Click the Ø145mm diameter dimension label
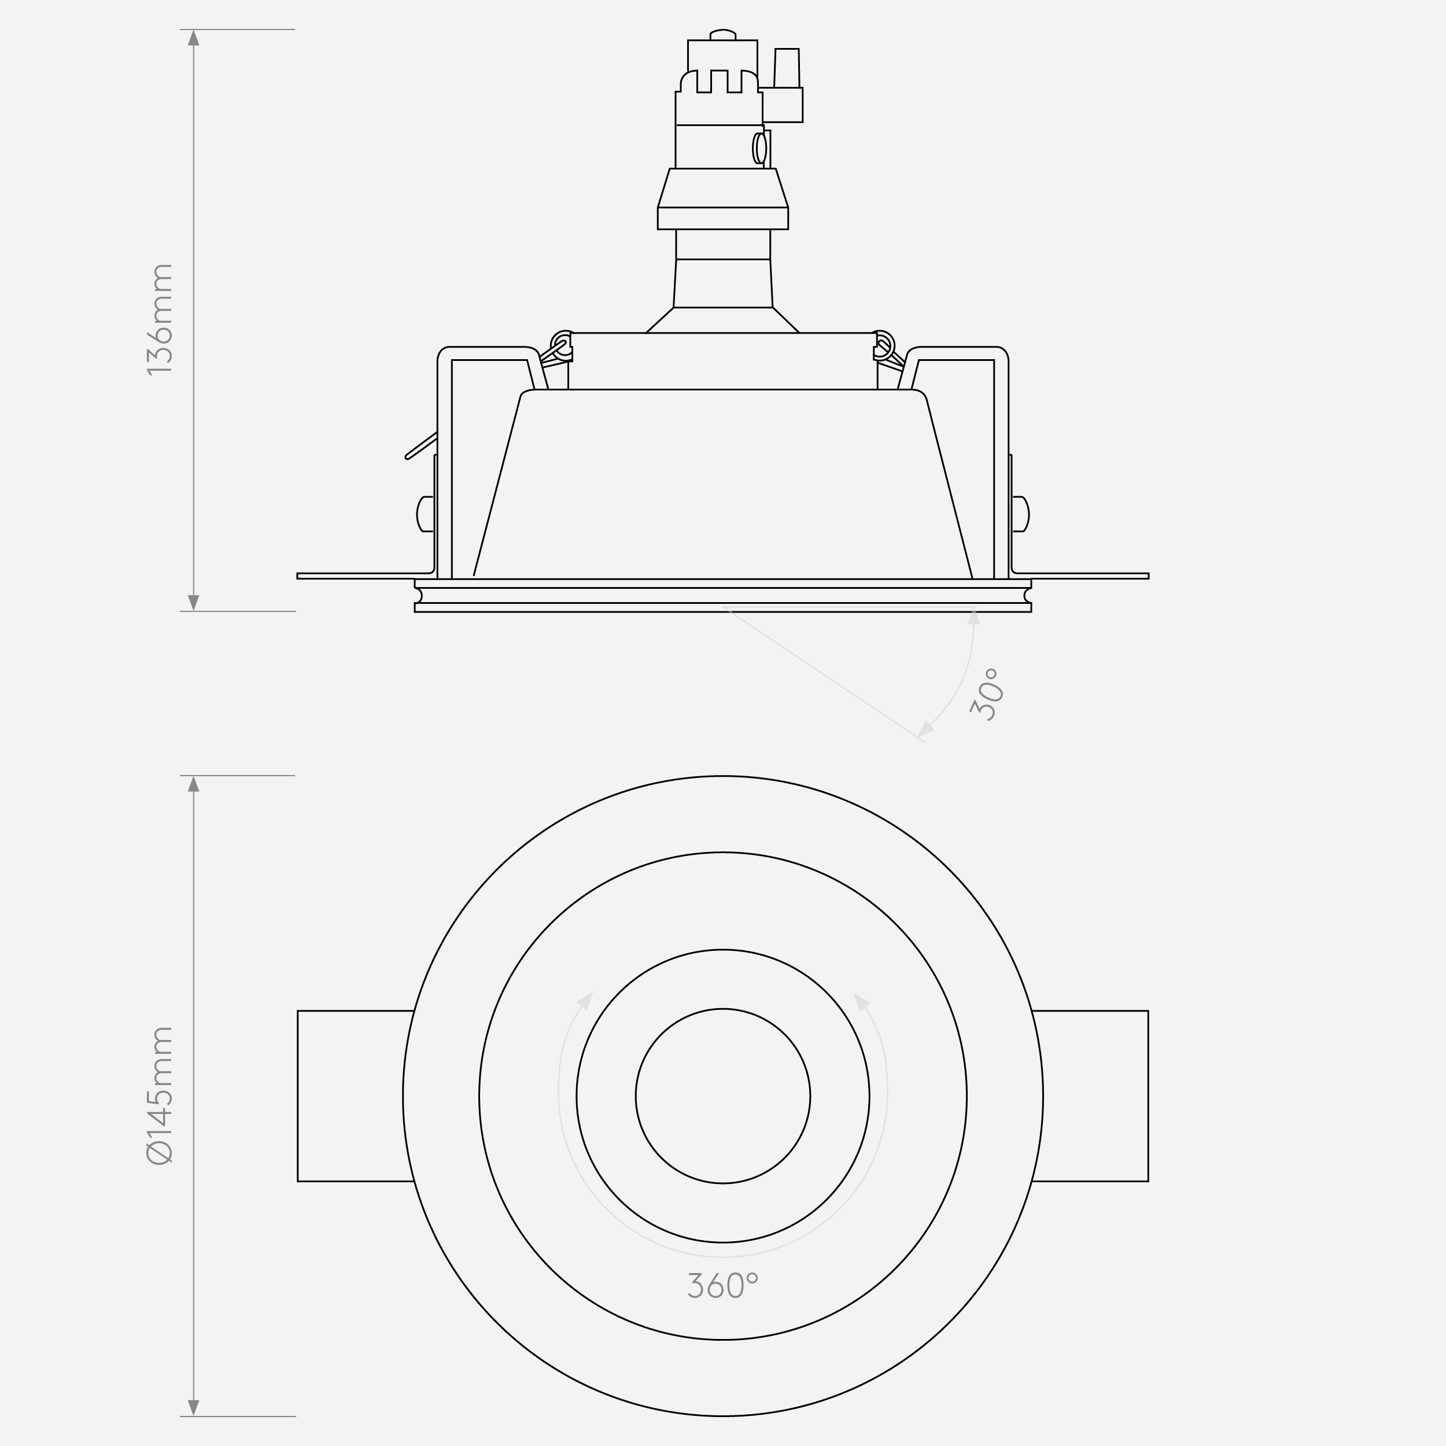160,1095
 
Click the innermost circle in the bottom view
722,1095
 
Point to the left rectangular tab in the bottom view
354,1095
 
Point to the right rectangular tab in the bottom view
1090,1095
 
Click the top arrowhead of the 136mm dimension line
194,38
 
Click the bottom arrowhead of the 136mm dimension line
194,602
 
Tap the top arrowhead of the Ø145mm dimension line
194,784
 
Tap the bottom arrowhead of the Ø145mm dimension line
194,1407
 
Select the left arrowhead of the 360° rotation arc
585,1001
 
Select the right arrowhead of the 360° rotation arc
861,1001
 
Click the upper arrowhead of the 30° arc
973,617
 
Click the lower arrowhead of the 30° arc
927,728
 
